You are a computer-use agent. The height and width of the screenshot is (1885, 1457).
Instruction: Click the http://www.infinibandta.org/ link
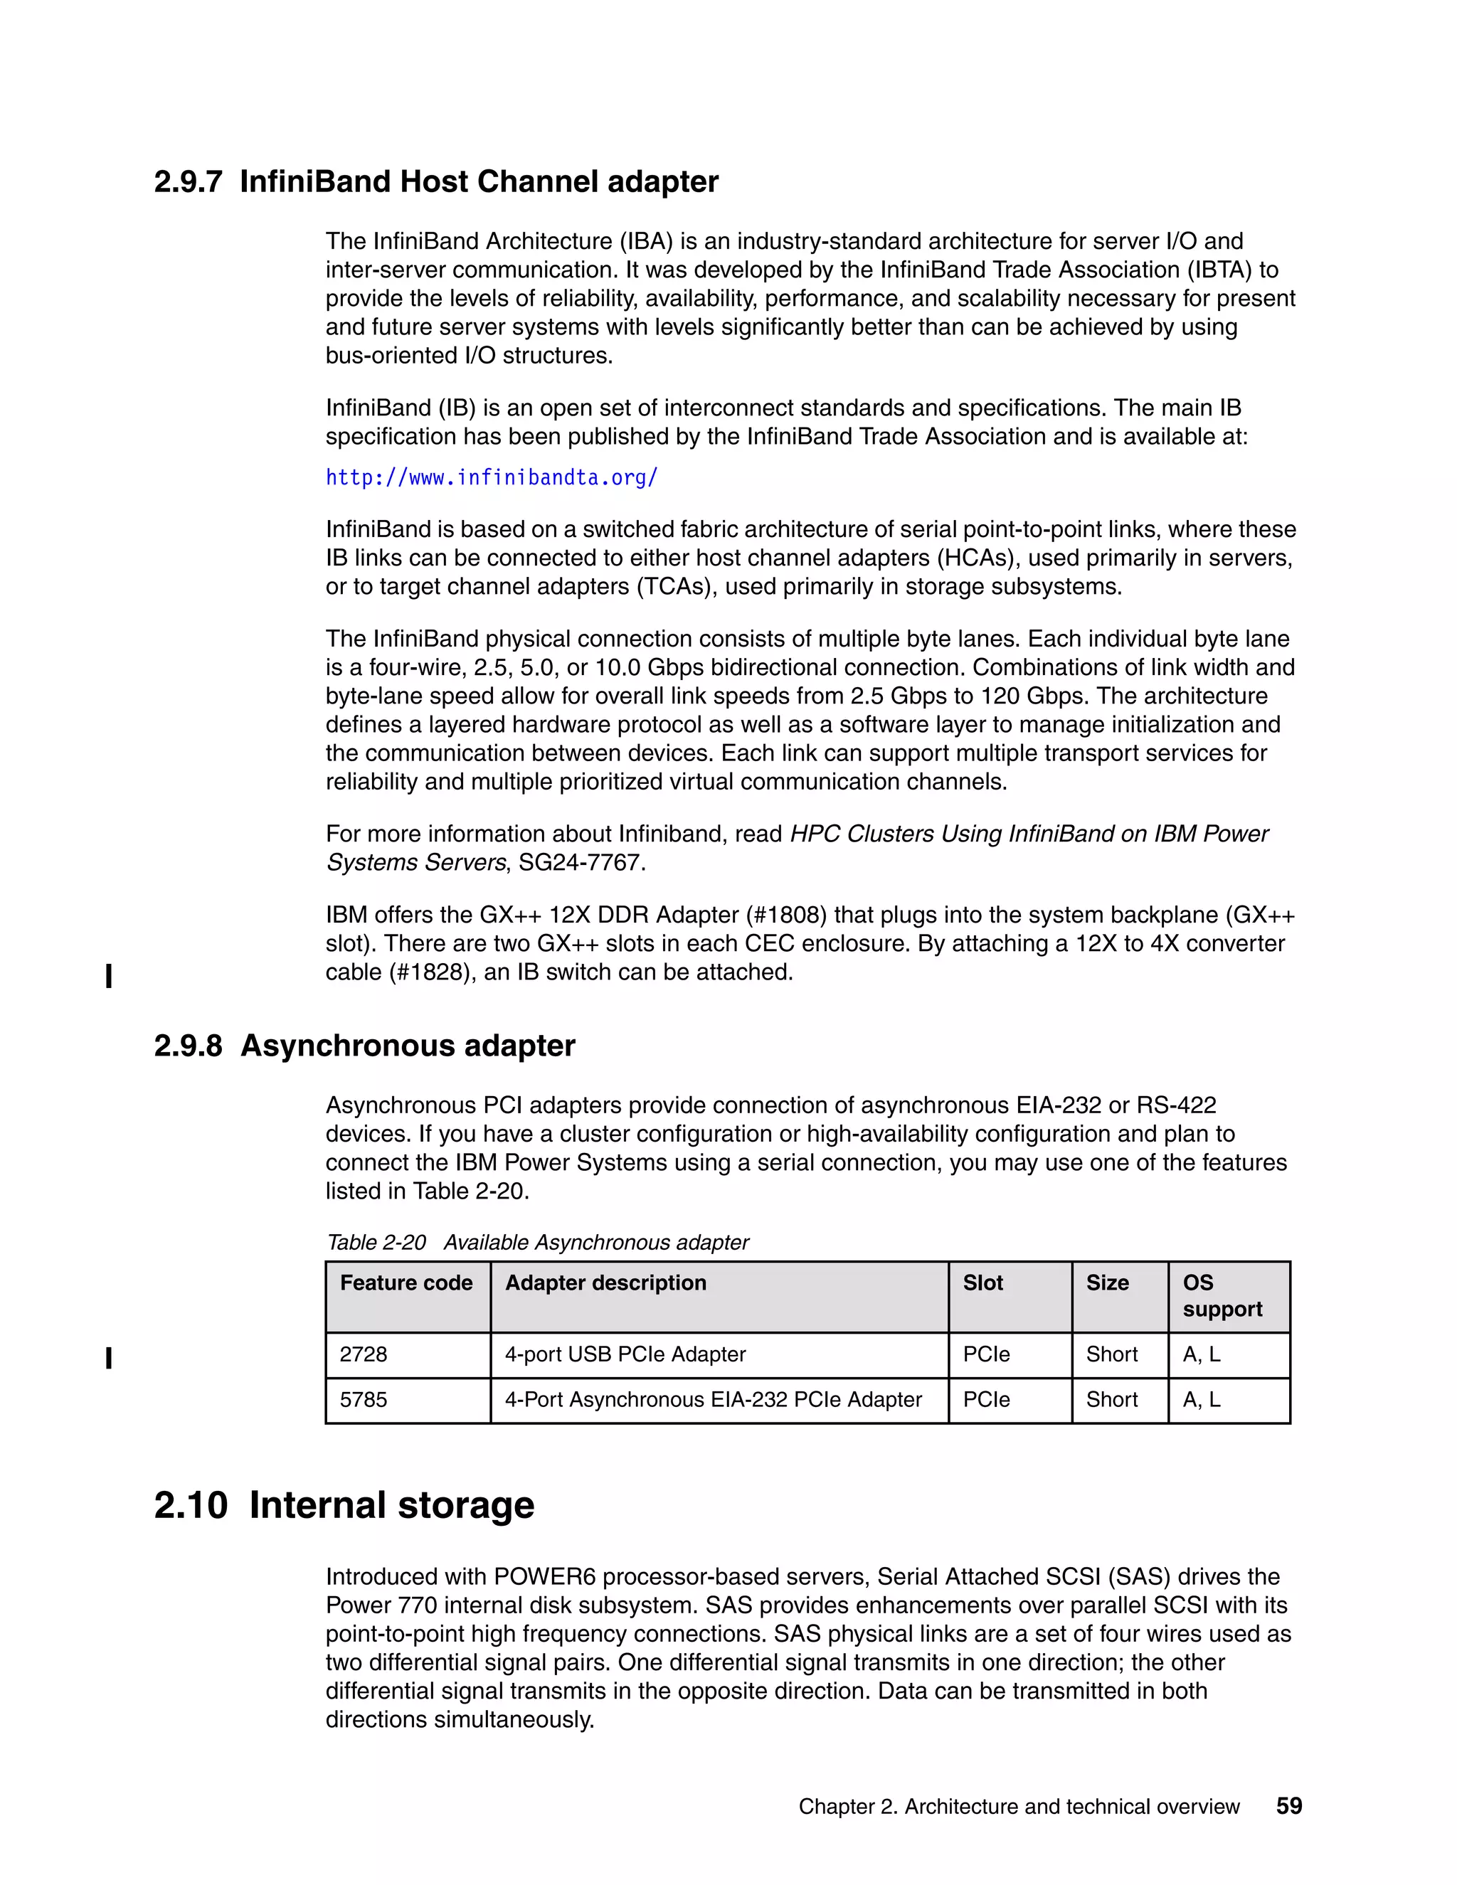[491, 477]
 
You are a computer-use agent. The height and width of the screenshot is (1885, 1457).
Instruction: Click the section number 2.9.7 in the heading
[188, 182]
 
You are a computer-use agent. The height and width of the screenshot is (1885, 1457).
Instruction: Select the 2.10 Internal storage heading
[344, 1505]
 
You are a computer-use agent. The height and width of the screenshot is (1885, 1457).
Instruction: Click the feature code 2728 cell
[364, 1354]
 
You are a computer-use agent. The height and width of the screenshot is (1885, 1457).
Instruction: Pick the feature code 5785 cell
[364, 1399]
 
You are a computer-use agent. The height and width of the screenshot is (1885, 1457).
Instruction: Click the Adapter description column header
[605, 1283]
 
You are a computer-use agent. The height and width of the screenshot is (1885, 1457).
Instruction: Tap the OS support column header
[1222, 1295]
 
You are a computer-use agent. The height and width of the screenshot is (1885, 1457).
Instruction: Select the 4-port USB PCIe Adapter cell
[625, 1354]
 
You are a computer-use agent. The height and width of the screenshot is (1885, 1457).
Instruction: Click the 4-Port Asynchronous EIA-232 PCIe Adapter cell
[713, 1399]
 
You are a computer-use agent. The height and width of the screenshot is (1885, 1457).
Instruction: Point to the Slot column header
[982, 1283]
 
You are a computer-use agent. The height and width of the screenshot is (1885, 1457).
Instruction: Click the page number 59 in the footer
[1288, 1805]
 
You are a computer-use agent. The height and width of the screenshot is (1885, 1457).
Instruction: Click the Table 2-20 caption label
[376, 1243]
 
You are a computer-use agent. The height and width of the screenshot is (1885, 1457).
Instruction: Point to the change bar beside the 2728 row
[109, 1359]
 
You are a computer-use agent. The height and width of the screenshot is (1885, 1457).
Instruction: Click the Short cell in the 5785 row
[1112, 1399]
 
